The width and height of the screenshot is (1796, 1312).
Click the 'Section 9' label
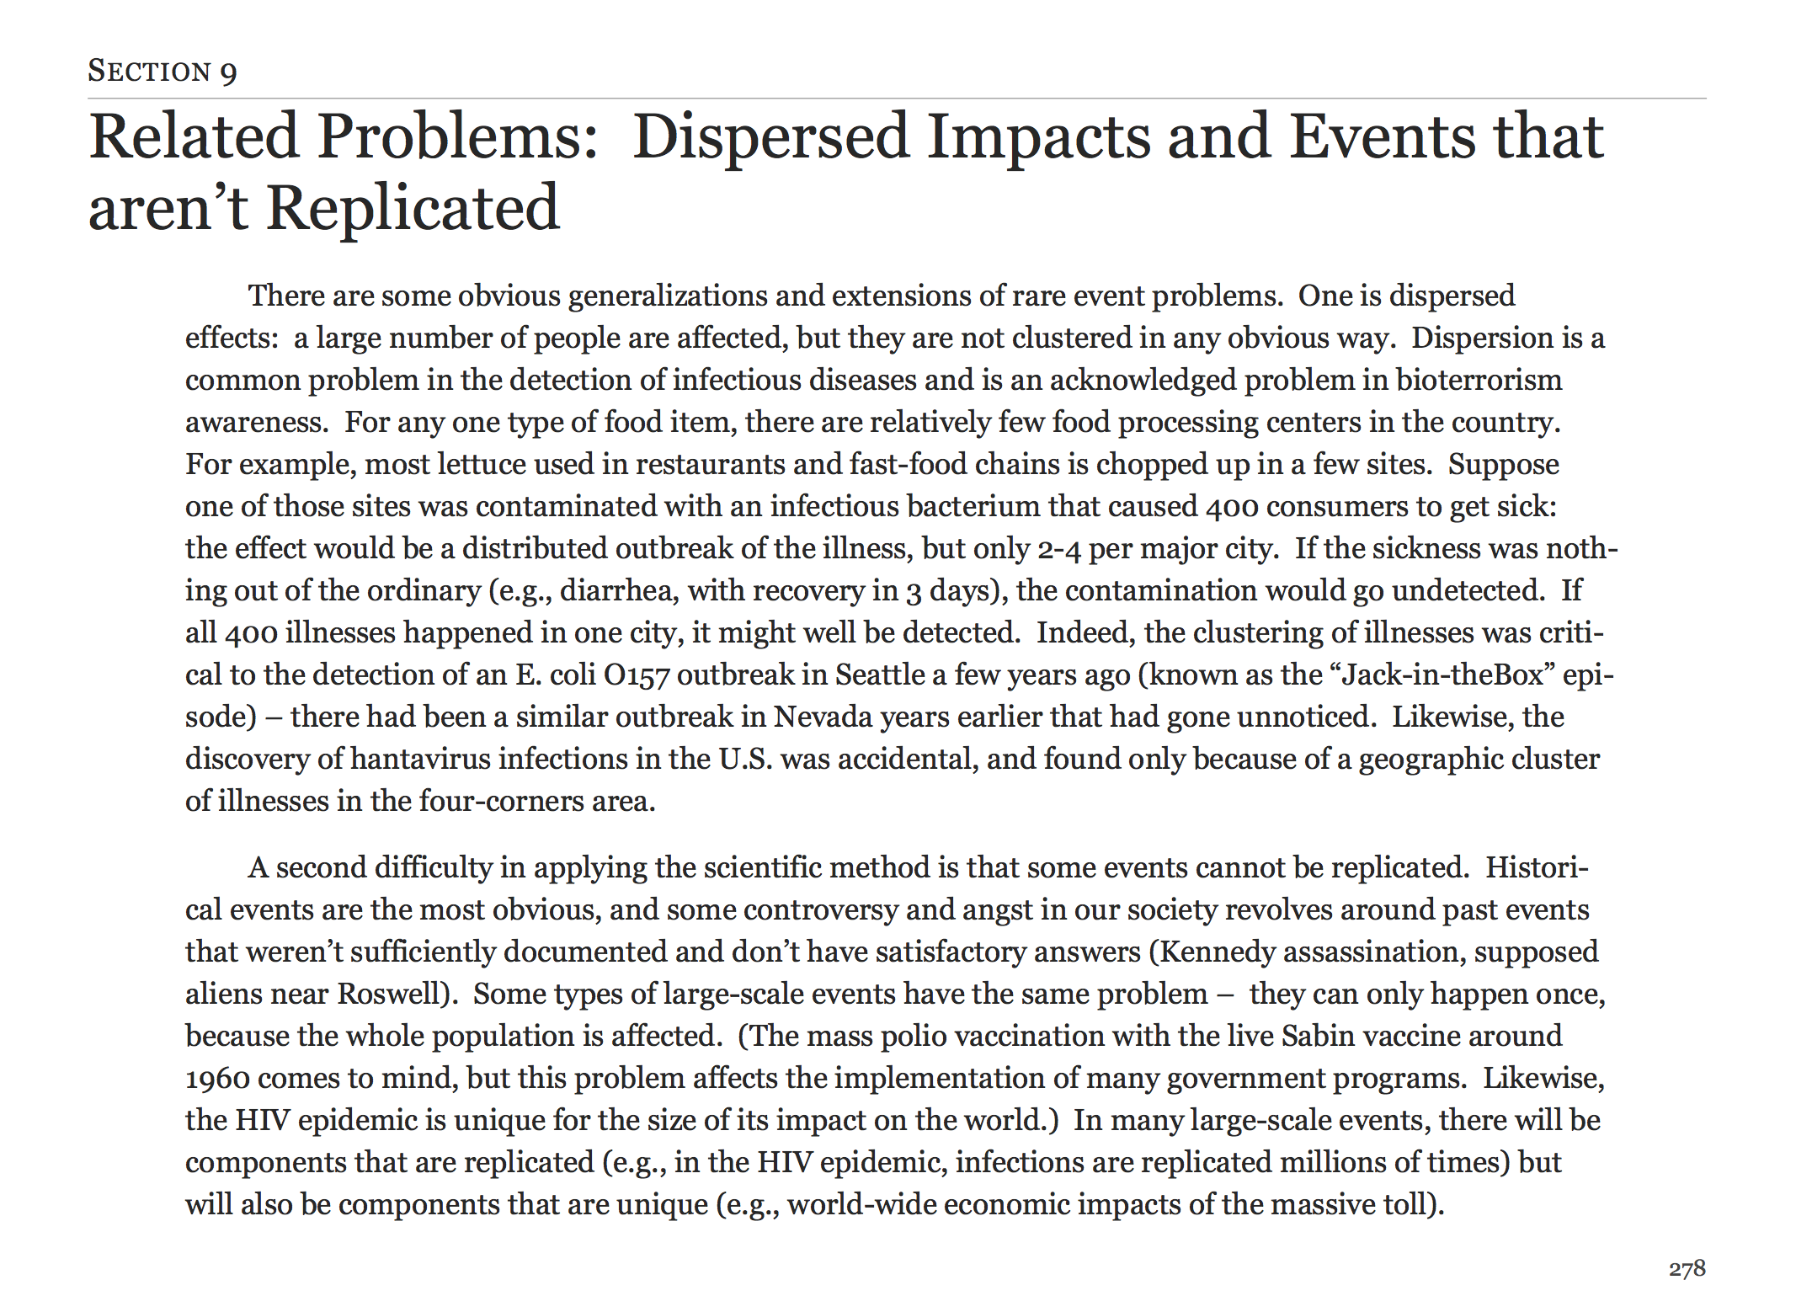click(163, 72)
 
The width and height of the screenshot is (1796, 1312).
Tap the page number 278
click(1687, 1268)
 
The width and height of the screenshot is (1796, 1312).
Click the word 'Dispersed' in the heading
click(770, 137)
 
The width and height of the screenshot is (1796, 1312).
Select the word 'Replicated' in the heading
click(413, 208)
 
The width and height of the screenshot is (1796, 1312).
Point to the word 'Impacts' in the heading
click(1039, 137)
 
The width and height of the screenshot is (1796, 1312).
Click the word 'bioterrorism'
click(1479, 380)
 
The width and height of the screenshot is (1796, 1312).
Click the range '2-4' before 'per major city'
click(1059, 548)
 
